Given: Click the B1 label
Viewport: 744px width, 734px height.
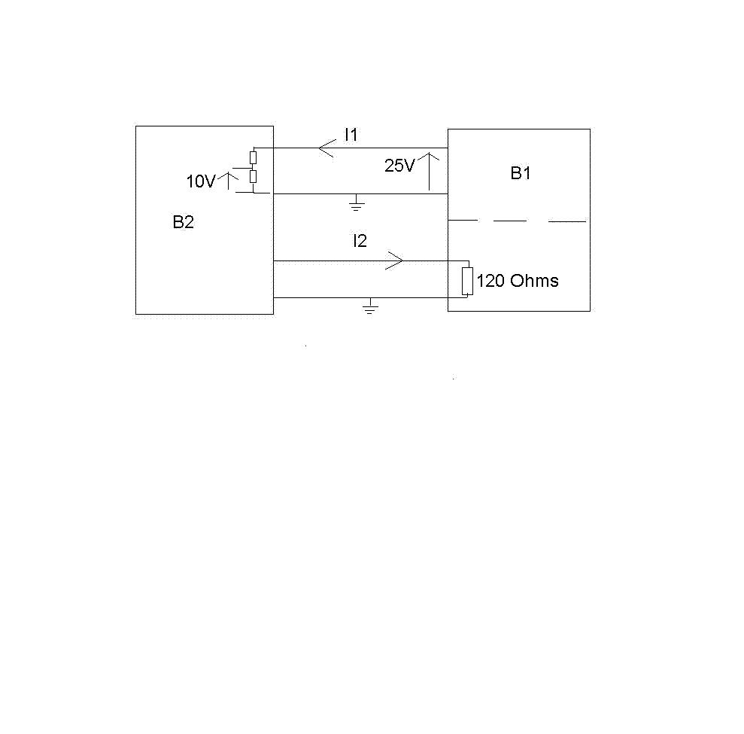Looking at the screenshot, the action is pyautogui.click(x=521, y=173).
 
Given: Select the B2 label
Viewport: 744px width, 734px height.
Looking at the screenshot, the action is pyautogui.click(x=183, y=222).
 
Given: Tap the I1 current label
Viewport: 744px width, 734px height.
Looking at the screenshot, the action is pyautogui.click(x=351, y=136).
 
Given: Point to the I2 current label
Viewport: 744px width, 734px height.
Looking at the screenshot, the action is pyautogui.click(x=360, y=241).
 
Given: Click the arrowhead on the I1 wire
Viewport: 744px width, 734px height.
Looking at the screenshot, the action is pyautogui.click(x=326, y=148).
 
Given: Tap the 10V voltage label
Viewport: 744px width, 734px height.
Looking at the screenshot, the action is pyautogui.click(x=201, y=181).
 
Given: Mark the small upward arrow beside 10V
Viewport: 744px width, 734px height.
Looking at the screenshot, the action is pyautogui.click(x=229, y=179).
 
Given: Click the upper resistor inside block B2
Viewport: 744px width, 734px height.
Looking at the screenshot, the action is pyautogui.click(x=254, y=157).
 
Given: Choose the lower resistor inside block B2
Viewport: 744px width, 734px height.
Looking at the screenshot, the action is pyautogui.click(x=254, y=177).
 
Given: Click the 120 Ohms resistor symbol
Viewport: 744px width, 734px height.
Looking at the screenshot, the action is pyautogui.click(x=467, y=281).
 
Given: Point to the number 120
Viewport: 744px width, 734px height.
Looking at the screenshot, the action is pyautogui.click(x=490, y=282).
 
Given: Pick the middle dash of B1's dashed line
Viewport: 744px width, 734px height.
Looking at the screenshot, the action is pyautogui.click(x=509, y=221).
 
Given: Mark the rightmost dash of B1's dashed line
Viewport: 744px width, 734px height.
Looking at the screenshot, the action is pyautogui.click(x=566, y=221).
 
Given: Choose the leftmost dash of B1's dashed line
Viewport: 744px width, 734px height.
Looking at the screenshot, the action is pyautogui.click(x=463, y=221).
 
